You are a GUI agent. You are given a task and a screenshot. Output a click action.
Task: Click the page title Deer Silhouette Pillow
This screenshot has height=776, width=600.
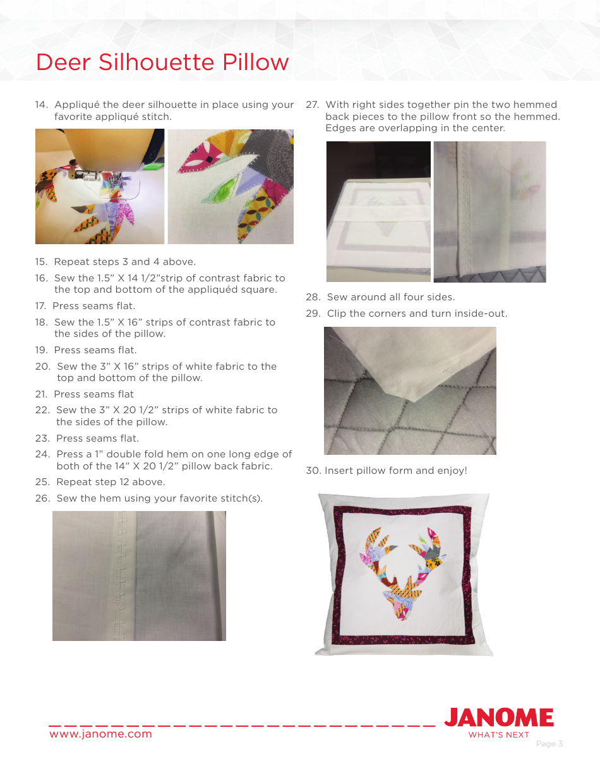(x=162, y=62)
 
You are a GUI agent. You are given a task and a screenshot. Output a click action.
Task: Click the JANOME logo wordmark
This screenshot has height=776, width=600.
(x=499, y=718)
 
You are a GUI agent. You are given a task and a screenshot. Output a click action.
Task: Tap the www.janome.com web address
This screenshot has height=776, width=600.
(x=100, y=734)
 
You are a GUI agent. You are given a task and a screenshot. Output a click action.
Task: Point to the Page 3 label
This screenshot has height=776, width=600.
(x=549, y=744)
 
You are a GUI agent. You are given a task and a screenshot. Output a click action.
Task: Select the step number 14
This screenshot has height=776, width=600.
(x=42, y=105)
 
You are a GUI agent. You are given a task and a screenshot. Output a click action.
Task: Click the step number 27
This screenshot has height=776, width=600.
(x=313, y=105)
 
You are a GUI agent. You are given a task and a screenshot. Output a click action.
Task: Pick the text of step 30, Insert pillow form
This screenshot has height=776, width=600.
(x=395, y=471)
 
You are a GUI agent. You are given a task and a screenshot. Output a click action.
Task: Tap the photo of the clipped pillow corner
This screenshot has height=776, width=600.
(x=410, y=391)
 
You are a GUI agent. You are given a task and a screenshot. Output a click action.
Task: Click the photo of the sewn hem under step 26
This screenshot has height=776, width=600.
(x=139, y=576)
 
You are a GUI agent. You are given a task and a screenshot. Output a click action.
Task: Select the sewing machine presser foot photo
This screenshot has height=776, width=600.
(x=100, y=187)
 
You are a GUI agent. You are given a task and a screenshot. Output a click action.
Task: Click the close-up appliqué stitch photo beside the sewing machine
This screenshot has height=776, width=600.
(x=231, y=187)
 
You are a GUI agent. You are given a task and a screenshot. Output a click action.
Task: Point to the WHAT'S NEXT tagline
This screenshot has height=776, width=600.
(x=498, y=735)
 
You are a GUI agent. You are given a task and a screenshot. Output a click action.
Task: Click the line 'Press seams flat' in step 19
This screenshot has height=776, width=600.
(x=95, y=350)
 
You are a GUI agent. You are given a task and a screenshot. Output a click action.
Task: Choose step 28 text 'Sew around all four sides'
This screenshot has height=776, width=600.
(x=390, y=297)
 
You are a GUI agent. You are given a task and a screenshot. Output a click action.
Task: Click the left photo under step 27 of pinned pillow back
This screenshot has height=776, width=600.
(x=378, y=212)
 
